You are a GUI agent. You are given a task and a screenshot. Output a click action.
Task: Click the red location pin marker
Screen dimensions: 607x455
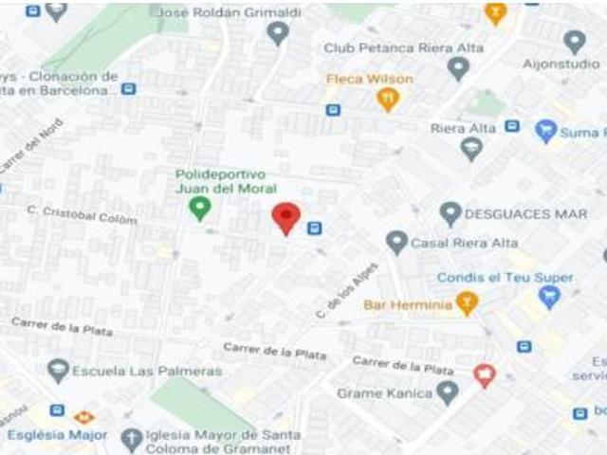point(286,217)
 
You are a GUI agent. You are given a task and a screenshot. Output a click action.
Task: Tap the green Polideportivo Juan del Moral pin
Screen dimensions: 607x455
point(199,208)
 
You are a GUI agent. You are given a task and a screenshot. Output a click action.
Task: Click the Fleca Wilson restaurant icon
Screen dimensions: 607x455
point(387,98)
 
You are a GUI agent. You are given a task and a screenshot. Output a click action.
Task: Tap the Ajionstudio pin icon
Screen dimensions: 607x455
point(574,41)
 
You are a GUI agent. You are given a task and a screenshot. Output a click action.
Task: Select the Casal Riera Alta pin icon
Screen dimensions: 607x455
point(396,243)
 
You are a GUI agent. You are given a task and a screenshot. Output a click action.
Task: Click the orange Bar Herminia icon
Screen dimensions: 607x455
point(465,303)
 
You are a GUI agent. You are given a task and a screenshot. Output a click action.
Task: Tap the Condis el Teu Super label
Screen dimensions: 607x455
point(505,278)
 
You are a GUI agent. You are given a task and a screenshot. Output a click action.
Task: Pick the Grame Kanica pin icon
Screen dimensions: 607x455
point(448,391)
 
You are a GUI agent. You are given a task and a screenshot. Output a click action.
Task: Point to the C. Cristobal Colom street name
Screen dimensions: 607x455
point(82,214)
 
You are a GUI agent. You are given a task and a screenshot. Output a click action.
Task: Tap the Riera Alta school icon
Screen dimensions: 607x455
point(471,148)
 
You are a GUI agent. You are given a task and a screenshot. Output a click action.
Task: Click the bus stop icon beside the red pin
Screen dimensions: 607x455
point(314,227)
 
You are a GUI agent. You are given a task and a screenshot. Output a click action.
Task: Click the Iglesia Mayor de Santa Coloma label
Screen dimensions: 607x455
point(223,442)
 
